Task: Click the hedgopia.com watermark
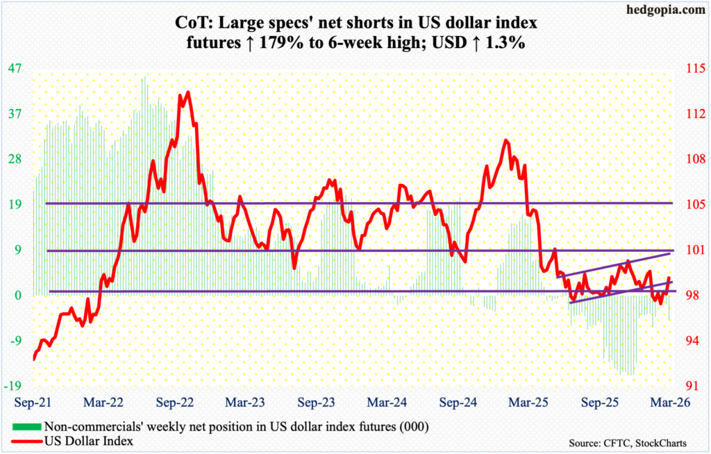(x=664, y=9)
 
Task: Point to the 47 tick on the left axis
(x=15, y=69)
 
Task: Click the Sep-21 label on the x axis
(x=33, y=402)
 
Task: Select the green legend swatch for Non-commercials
(x=26, y=426)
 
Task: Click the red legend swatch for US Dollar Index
(x=26, y=440)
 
